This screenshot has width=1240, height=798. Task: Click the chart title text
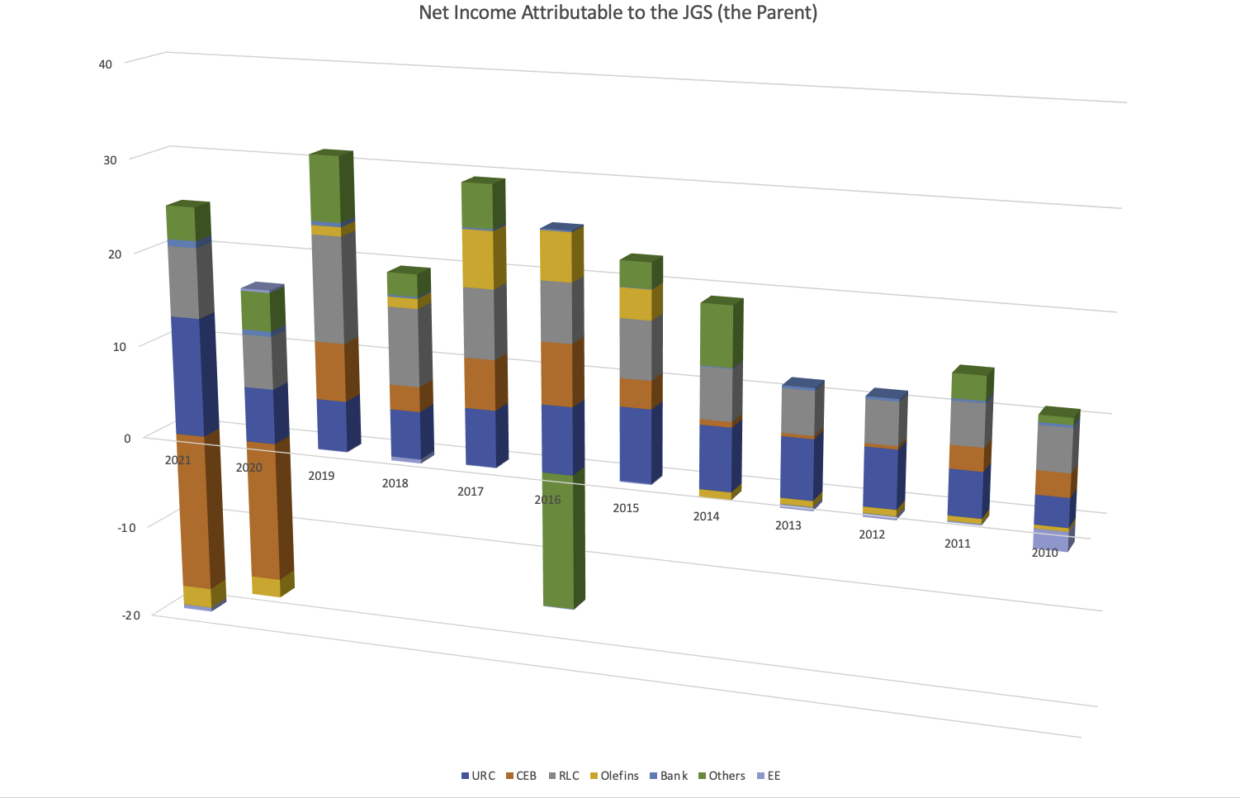pyautogui.click(x=618, y=13)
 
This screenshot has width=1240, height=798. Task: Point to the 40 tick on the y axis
pyautogui.click(x=105, y=64)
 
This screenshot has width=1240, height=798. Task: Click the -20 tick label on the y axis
pyautogui.click(x=130, y=615)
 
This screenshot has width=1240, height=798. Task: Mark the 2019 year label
pyautogui.click(x=321, y=476)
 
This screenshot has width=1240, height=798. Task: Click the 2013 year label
pyautogui.click(x=788, y=525)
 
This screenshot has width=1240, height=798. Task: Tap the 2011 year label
pyautogui.click(x=957, y=544)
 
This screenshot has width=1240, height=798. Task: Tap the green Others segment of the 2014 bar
pyautogui.click(x=716, y=335)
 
